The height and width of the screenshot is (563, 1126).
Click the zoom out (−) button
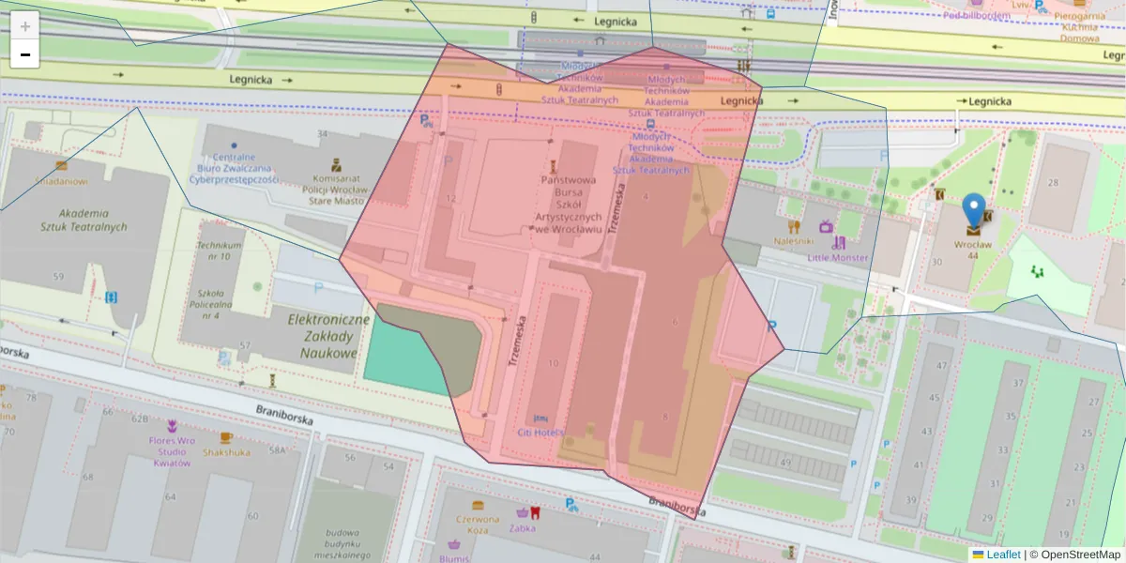click(x=25, y=54)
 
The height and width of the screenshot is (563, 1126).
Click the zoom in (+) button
click(x=25, y=26)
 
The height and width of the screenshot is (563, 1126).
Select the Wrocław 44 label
click(x=972, y=250)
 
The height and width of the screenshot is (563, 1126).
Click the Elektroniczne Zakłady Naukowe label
click(x=323, y=336)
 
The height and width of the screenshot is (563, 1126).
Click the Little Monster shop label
click(x=838, y=257)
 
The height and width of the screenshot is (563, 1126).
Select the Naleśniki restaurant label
click(x=793, y=241)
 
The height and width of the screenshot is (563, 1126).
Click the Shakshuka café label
click(x=226, y=451)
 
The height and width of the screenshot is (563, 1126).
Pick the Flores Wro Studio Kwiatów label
click(x=172, y=451)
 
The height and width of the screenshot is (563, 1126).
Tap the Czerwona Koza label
click(x=478, y=524)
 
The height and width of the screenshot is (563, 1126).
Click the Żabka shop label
click(x=523, y=527)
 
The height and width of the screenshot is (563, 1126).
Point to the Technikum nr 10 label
click(x=213, y=251)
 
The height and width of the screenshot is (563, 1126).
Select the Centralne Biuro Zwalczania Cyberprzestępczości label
click(x=234, y=168)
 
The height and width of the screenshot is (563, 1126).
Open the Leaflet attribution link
click(x=1002, y=555)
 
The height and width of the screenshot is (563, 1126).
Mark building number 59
click(x=59, y=276)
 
